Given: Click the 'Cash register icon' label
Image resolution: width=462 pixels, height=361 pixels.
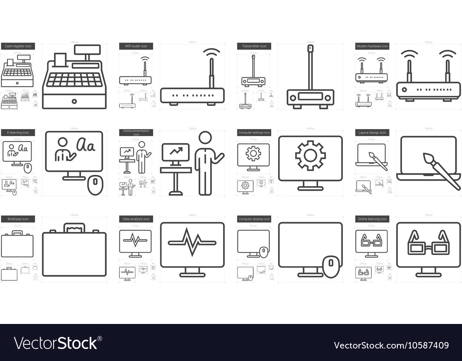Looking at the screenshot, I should (x=18, y=46).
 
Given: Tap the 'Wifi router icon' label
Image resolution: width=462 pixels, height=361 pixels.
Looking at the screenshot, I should (x=136, y=46).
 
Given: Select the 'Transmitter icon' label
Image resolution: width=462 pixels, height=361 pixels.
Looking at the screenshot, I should (x=254, y=46).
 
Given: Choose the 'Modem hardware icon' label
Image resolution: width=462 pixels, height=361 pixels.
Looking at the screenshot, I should (x=372, y=46).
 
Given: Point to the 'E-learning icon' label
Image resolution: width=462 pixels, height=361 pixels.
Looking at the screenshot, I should (x=18, y=132).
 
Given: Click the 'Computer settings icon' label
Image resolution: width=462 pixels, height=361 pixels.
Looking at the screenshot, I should (x=254, y=132).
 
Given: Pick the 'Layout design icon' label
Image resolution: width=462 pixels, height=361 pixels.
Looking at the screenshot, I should (x=372, y=132).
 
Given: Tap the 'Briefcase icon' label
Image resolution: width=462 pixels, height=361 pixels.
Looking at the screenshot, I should (x=18, y=219).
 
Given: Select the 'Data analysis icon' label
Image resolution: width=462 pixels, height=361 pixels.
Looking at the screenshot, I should (x=136, y=219).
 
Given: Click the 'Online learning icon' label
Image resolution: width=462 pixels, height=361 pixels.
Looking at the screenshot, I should (x=372, y=219).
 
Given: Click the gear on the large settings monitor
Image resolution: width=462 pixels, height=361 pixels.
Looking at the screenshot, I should (x=310, y=156).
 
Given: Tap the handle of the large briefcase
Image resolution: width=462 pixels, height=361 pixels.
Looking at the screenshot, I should (x=74, y=227).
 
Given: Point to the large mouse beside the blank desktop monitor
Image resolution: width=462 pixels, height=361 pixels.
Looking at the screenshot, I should (x=331, y=267).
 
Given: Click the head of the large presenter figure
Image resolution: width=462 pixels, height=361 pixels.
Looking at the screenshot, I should (x=205, y=137).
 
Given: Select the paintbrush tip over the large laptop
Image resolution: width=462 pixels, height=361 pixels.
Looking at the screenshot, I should (x=428, y=159).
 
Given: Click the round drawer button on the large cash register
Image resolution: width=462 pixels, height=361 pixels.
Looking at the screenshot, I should (x=74, y=101).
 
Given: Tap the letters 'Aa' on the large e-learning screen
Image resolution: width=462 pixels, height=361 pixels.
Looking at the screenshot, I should (x=85, y=146).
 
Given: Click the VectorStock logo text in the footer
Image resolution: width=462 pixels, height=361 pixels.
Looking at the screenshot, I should (x=56, y=343).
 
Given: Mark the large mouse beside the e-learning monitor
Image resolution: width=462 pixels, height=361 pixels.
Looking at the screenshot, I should (x=95, y=185).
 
